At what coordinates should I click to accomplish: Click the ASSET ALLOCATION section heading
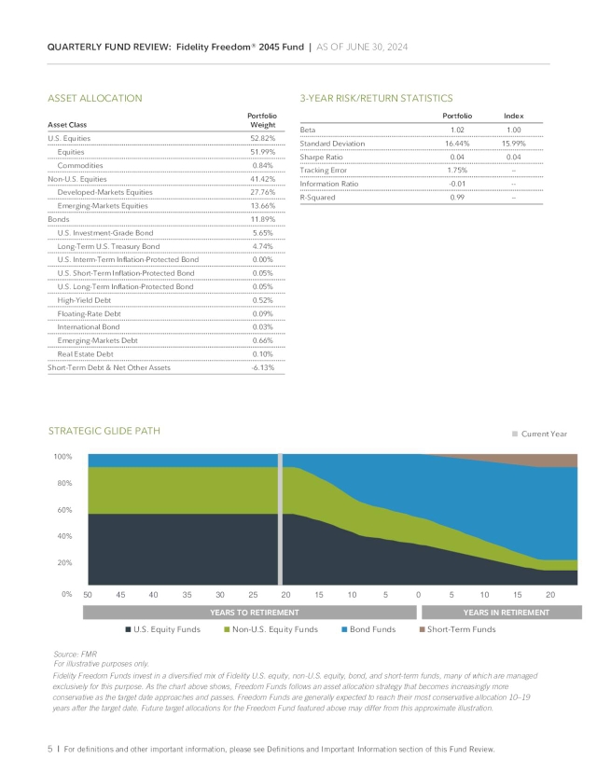tap(94, 98)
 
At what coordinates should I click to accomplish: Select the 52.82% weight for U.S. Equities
tap(262, 138)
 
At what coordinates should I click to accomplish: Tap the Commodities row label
tap(80, 165)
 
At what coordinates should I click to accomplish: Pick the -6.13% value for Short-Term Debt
tap(262, 367)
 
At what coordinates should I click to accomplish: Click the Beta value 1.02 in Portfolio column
tap(457, 130)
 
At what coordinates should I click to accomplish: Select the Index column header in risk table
tap(513, 116)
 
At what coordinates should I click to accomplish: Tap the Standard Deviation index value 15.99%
tap(513, 144)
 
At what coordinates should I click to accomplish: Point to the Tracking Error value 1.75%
tap(457, 171)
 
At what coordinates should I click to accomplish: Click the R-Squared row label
tap(318, 198)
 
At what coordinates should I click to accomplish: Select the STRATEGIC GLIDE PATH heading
tap(104, 431)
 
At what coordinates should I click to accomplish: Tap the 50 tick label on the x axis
tap(88, 593)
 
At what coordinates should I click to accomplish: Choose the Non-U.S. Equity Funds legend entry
tap(272, 629)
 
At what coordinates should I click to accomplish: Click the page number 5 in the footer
tap(49, 749)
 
